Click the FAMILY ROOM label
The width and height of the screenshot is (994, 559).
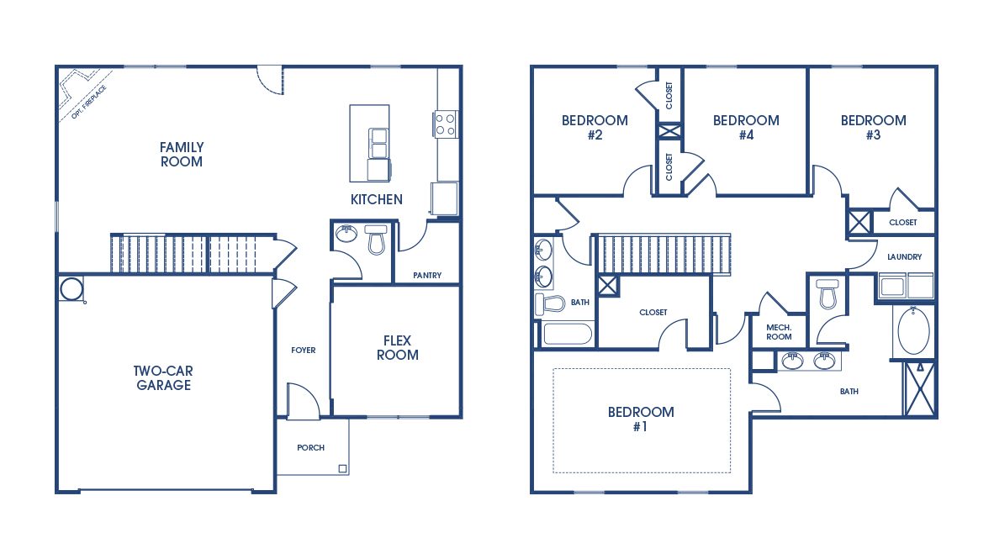(x=182, y=154)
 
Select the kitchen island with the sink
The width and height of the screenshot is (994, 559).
(x=369, y=143)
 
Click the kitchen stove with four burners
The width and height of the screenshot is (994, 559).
(x=445, y=124)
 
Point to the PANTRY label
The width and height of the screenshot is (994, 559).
(x=427, y=276)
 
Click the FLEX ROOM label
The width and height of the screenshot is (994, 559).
(x=397, y=347)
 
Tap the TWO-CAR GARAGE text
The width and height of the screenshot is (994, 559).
(x=161, y=378)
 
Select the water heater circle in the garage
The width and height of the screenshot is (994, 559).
(x=71, y=289)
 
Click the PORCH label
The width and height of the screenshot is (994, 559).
(x=310, y=448)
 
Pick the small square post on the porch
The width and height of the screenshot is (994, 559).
(x=342, y=468)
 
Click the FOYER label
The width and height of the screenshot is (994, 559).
(x=303, y=351)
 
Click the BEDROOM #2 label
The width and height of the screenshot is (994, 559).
(x=595, y=128)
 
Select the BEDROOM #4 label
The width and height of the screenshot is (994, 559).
(x=746, y=128)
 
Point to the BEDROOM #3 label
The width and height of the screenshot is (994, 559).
(x=873, y=128)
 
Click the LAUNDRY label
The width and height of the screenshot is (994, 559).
(x=904, y=257)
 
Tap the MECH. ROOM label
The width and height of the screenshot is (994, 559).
(x=779, y=331)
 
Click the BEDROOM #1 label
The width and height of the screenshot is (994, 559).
(x=641, y=419)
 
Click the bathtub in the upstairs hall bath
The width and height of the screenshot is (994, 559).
(x=568, y=334)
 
